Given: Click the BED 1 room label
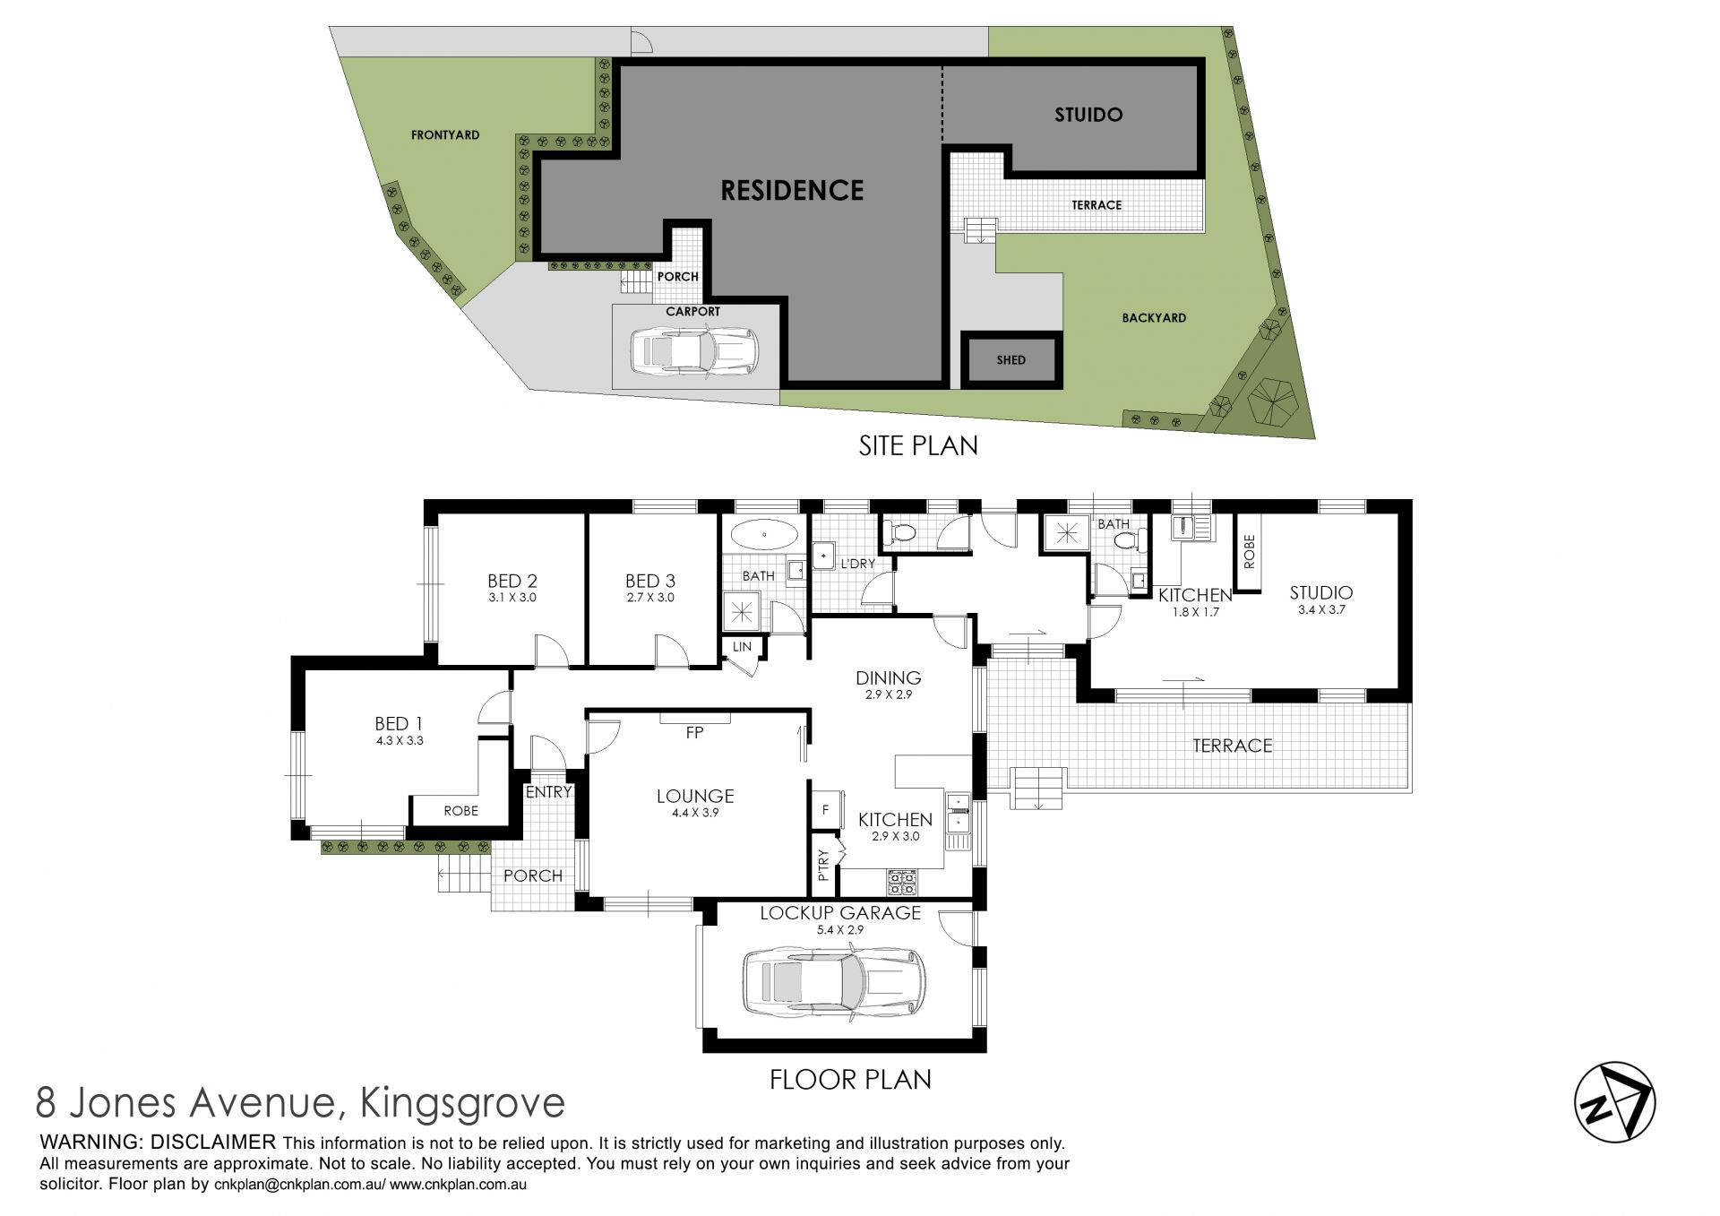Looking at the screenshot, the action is pyautogui.click(x=399, y=723).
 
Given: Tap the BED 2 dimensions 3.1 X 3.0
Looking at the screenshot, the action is pyautogui.click(x=512, y=598).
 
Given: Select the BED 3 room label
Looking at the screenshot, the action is pyautogui.click(x=650, y=581).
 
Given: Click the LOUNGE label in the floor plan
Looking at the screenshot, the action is pyautogui.click(x=695, y=796).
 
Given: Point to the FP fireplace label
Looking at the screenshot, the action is pyautogui.click(x=694, y=733).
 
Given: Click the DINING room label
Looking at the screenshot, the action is pyautogui.click(x=888, y=677).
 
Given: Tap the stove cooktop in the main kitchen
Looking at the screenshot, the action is pyautogui.click(x=902, y=883).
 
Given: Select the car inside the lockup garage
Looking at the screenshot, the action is pyautogui.click(x=834, y=983).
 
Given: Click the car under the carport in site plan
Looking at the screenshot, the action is pyautogui.click(x=694, y=350).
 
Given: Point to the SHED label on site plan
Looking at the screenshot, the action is pyautogui.click(x=1010, y=360).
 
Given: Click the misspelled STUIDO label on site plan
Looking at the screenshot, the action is pyautogui.click(x=1088, y=115).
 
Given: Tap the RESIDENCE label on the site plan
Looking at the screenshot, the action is pyautogui.click(x=793, y=190).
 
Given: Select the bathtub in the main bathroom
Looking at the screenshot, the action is pyautogui.click(x=764, y=535).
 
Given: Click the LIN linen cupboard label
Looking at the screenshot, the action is pyautogui.click(x=742, y=647).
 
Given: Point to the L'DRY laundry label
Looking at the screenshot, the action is pyautogui.click(x=857, y=564).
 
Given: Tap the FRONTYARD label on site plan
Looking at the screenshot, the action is pyautogui.click(x=445, y=135).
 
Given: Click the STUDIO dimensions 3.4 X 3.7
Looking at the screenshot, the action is pyautogui.click(x=1321, y=610).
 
